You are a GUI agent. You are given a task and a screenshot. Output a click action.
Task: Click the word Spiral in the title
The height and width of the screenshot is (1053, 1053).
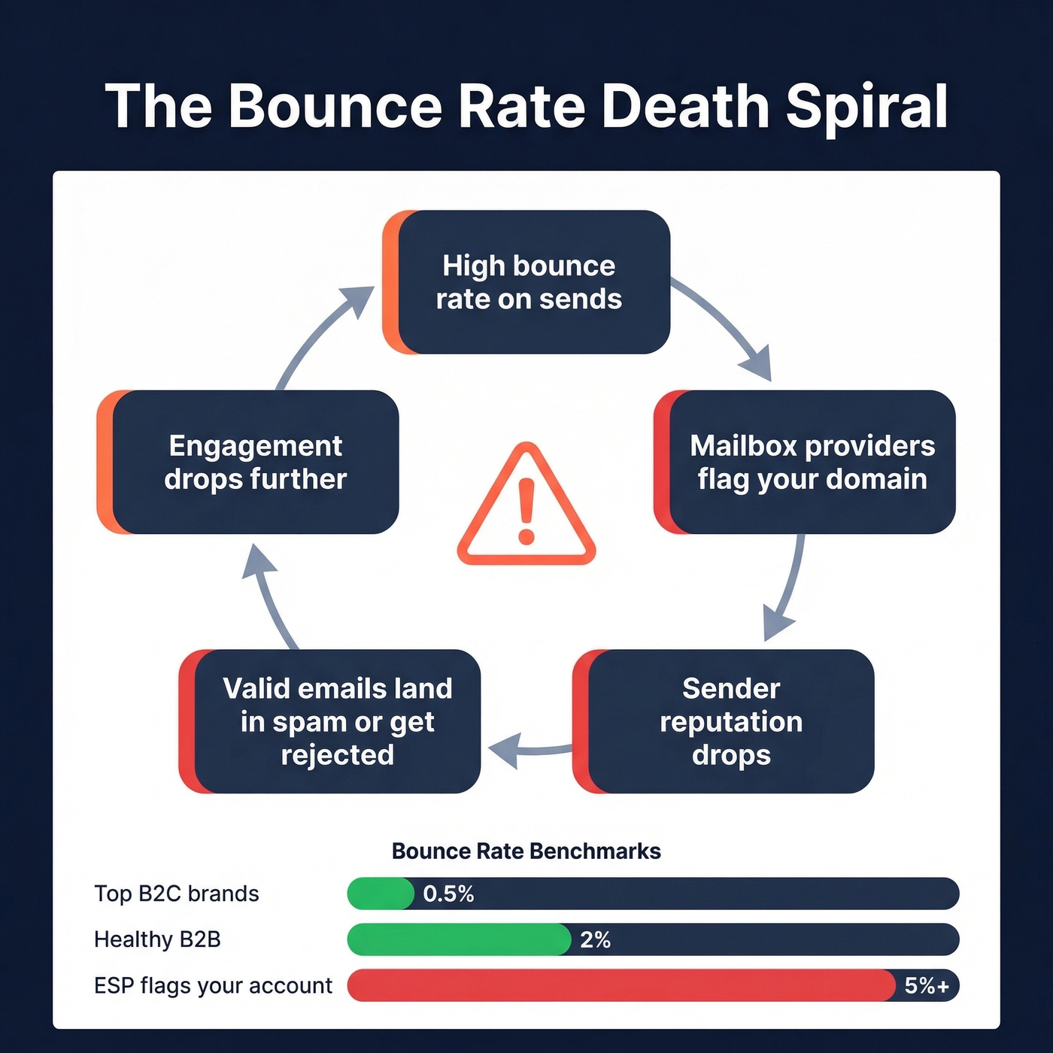pyautogui.click(x=866, y=107)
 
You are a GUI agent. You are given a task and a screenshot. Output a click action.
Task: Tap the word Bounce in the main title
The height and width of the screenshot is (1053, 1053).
pyautogui.click(x=335, y=107)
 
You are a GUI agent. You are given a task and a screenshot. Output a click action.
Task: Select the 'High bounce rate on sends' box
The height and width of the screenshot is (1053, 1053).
pyautogui.click(x=528, y=282)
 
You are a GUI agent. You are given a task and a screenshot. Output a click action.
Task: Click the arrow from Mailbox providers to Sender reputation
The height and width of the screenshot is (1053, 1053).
pyautogui.click(x=788, y=587)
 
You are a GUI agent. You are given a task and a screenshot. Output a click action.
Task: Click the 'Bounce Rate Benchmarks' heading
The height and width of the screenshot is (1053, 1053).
pyautogui.click(x=526, y=851)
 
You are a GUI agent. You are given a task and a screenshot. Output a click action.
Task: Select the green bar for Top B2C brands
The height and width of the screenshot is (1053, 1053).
pyautogui.click(x=380, y=894)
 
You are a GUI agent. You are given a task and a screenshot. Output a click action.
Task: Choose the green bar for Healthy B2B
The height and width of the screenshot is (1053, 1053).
pyautogui.click(x=459, y=939)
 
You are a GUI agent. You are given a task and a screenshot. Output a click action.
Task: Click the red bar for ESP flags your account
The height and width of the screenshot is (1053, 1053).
pyautogui.click(x=621, y=985)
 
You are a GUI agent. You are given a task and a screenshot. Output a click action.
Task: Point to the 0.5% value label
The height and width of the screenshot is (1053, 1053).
pyautogui.click(x=448, y=894)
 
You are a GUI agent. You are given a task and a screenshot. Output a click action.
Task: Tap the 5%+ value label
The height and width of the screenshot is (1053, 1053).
pyautogui.click(x=927, y=985)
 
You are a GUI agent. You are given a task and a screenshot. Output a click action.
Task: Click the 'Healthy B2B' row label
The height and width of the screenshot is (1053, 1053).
pyautogui.click(x=157, y=939)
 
